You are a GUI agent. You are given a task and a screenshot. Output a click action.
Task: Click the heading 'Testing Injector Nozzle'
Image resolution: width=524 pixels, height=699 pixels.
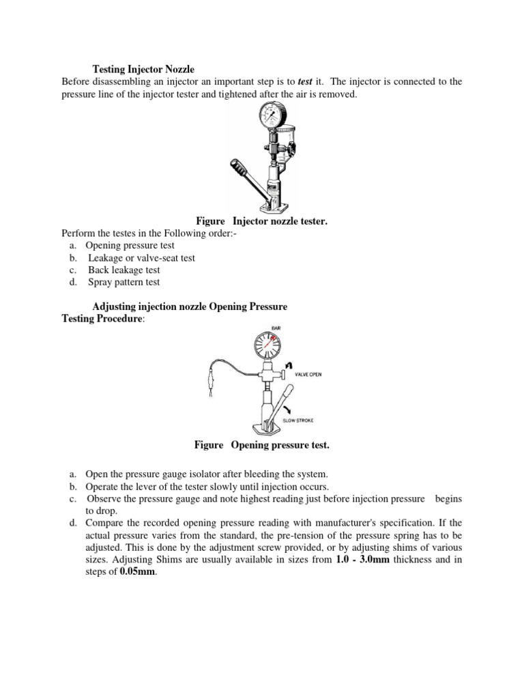pyautogui.click(x=143, y=69)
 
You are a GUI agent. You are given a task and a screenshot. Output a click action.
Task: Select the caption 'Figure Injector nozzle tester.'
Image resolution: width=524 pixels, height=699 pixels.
pyautogui.click(x=261, y=221)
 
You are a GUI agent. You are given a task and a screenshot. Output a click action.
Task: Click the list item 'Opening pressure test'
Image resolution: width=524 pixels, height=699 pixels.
pyautogui.click(x=130, y=245)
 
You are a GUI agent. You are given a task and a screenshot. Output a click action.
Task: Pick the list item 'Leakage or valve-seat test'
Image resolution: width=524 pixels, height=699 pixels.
pyautogui.click(x=141, y=257)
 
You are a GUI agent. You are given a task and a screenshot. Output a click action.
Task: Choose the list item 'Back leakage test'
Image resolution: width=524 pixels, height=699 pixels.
pyautogui.click(x=123, y=270)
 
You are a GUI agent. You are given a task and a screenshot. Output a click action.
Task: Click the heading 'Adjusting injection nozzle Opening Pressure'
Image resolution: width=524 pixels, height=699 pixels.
pyautogui.click(x=189, y=307)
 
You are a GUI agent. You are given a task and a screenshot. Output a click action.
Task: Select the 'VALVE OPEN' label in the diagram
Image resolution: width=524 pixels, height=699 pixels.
pyautogui.click(x=308, y=375)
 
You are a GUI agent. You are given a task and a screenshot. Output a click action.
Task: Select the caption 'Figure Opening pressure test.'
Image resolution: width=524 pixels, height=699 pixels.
pyautogui.click(x=261, y=445)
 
